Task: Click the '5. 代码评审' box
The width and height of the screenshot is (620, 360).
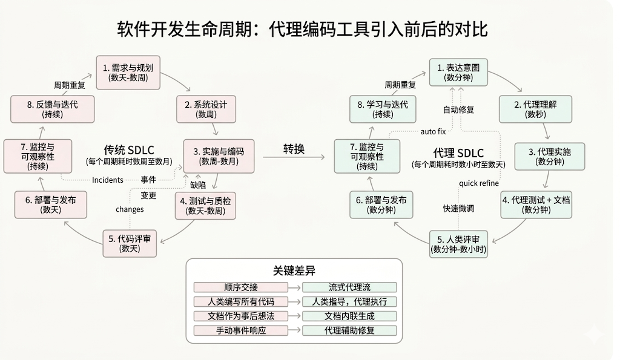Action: [x=129, y=243]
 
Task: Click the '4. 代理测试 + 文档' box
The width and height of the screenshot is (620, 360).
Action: [x=535, y=205]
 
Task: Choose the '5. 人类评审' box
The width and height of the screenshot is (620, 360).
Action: [x=458, y=243]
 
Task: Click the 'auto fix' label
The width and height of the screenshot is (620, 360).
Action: [x=433, y=132]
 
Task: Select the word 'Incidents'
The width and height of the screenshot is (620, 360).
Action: [x=108, y=180]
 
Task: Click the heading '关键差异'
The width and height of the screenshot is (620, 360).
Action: [x=294, y=270]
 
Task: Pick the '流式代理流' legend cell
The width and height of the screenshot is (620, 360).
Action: [x=349, y=287]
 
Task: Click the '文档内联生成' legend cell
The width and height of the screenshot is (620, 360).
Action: [x=349, y=316]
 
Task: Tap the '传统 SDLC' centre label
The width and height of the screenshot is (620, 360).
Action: [x=128, y=149]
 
